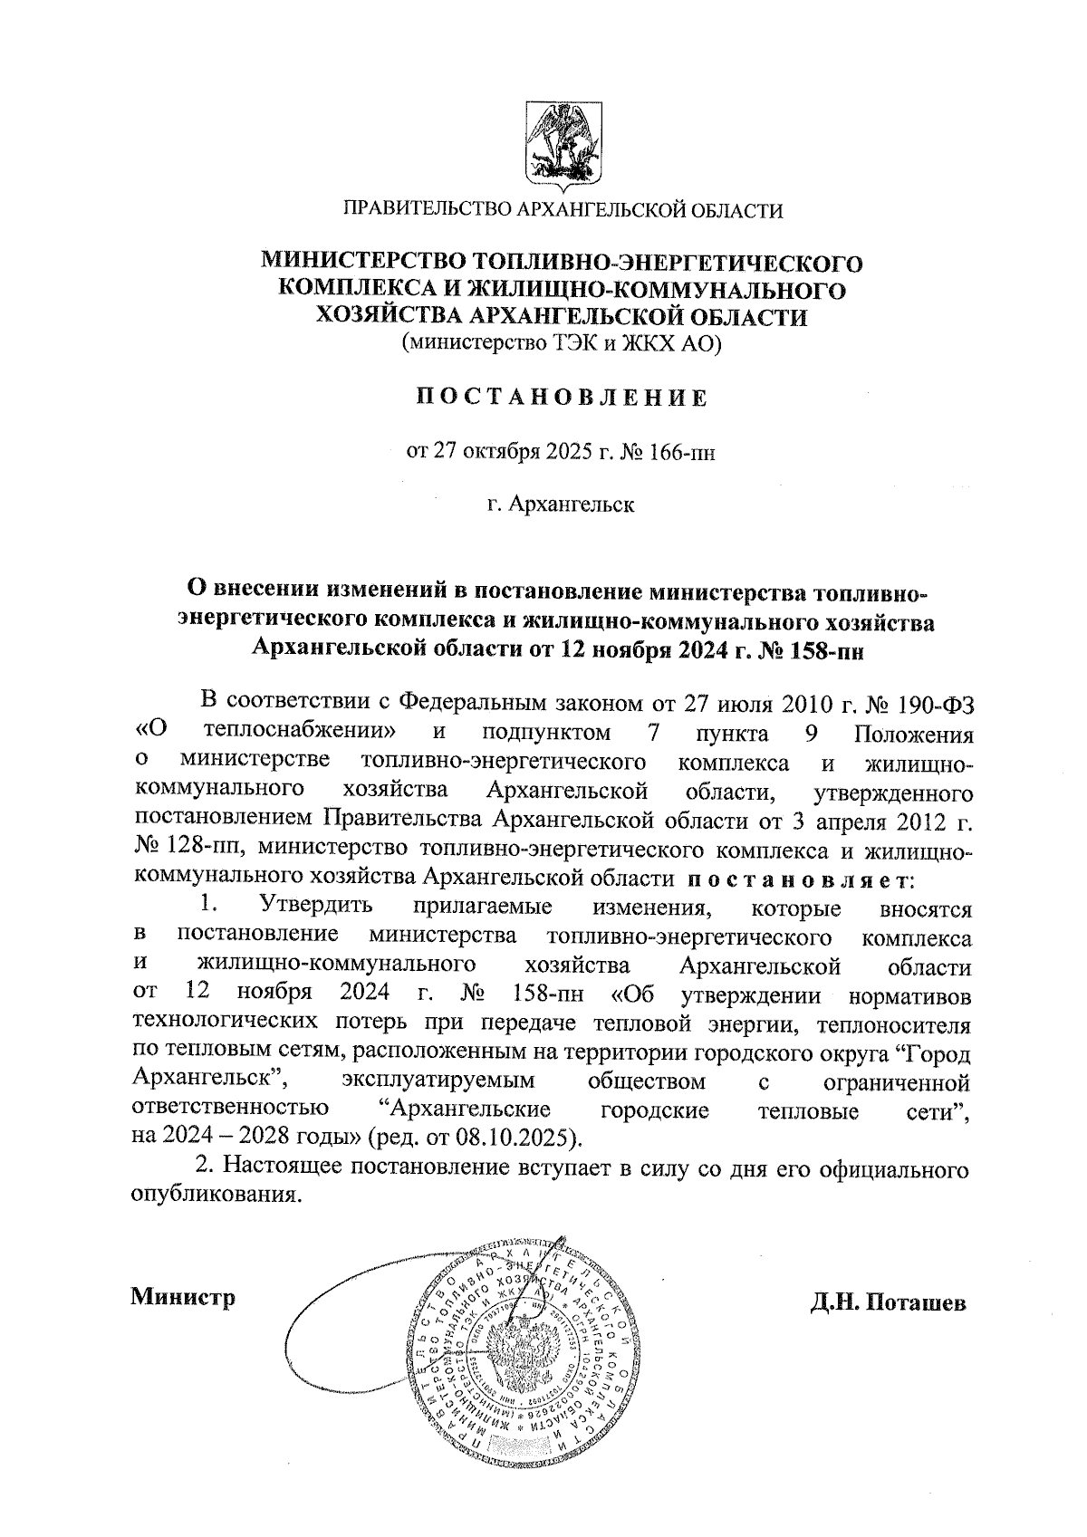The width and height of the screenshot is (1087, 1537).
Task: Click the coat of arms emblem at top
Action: click(561, 144)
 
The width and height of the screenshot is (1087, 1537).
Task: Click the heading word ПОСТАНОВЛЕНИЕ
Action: click(561, 398)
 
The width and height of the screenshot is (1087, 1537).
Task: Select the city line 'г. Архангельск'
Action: click(561, 504)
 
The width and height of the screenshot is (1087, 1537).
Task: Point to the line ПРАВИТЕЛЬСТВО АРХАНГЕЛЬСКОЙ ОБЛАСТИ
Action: click(561, 211)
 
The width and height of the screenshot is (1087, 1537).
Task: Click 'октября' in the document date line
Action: click(503, 451)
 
